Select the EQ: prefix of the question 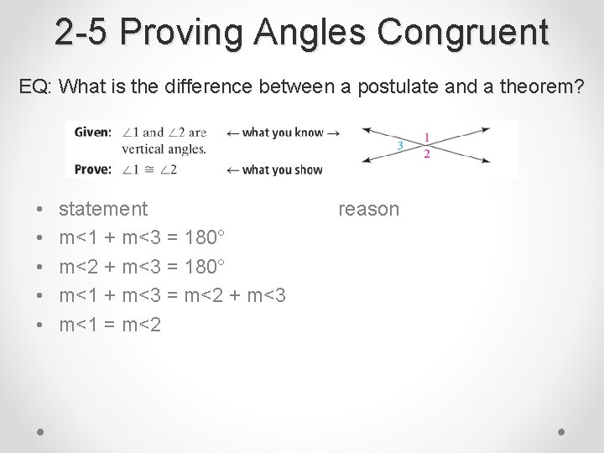point(36,86)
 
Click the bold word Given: point(92,133)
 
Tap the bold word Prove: point(92,169)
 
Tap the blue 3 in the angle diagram point(399,145)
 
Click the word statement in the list point(103,209)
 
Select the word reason point(368,209)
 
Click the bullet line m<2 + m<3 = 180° point(142,266)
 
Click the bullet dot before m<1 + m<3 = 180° point(41,238)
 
